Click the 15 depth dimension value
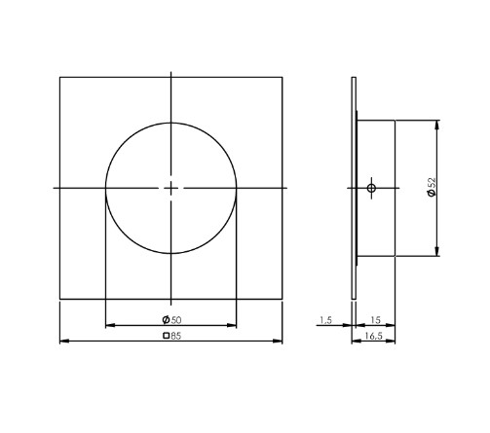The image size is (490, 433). [375, 318]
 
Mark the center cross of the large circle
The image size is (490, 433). [170, 187]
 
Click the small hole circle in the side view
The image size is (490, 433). [371, 187]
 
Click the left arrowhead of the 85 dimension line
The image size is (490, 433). [63, 341]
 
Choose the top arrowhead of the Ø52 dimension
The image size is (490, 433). [438, 124]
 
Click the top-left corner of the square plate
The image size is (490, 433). [59, 77]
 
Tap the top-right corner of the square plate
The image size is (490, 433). [283, 77]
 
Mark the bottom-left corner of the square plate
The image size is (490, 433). [59, 299]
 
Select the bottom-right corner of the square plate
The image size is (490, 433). [283, 299]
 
